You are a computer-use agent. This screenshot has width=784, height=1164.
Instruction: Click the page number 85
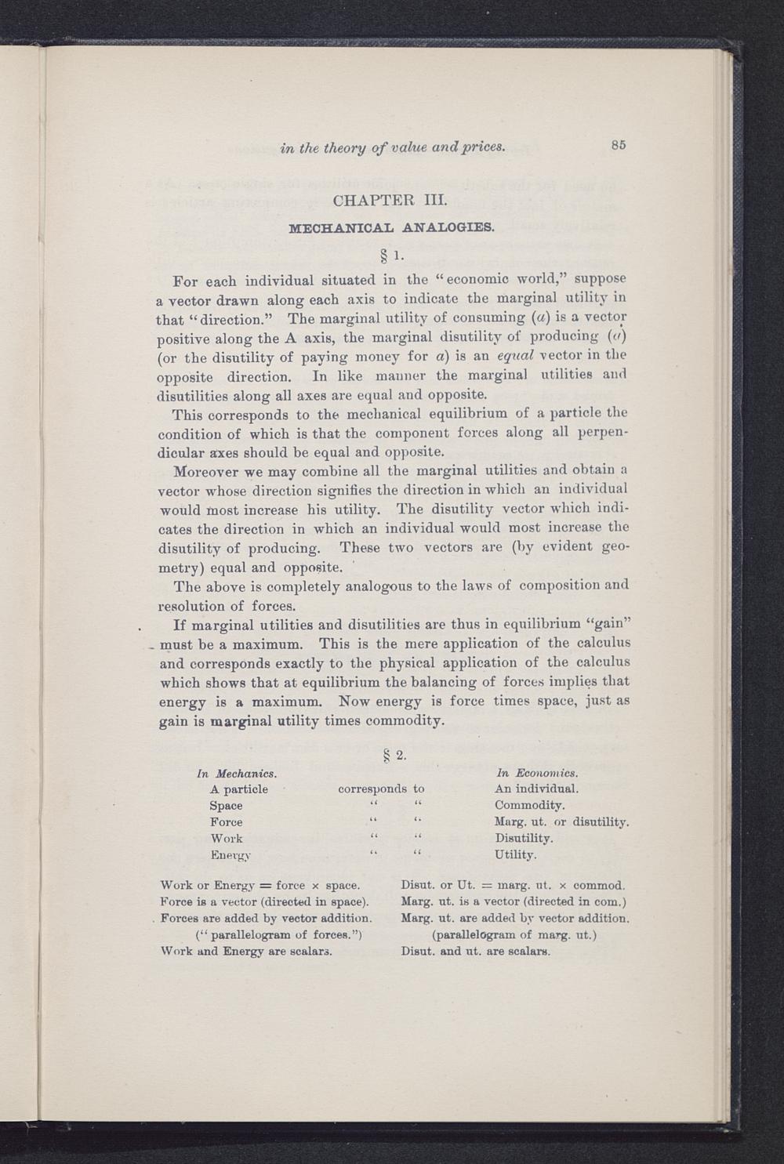click(618, 144)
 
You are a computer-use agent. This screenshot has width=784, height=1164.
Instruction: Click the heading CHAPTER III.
click(390, 201)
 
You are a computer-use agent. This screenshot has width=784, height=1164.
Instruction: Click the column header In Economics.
click(537, 774)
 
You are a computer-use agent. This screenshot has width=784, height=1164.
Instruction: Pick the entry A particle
click(238, 789)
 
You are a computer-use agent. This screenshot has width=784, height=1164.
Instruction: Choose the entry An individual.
click(536, 789)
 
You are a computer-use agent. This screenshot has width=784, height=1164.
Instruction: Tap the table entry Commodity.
click(529, 806)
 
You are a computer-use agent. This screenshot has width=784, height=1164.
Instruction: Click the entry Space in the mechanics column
click(226, 806)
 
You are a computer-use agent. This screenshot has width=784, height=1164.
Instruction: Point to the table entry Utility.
click(515, 854)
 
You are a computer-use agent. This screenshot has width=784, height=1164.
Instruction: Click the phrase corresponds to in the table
click(381, 789)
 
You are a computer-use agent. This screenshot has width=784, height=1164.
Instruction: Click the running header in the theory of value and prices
click(392, 145)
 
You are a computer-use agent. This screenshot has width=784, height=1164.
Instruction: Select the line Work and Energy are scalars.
click(245, 952)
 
